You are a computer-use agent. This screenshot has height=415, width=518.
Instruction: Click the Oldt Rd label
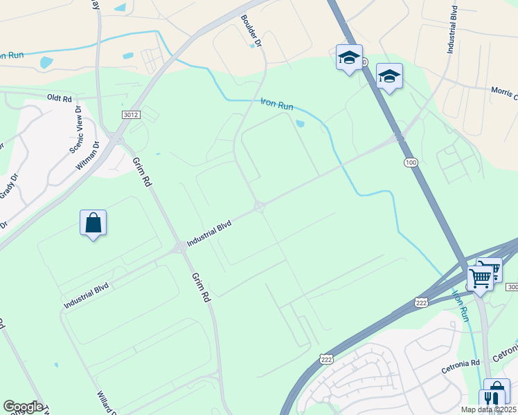pos(60,98)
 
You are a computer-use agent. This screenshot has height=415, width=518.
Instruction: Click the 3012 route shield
pos(129,114)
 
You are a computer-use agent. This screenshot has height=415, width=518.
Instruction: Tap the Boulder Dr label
pos(251,30)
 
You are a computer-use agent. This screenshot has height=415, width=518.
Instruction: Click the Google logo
pos(23,407)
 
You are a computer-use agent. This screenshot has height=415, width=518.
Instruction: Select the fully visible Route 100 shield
pos(411,162)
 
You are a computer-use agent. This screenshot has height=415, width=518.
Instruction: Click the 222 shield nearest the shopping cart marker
pos(422,302)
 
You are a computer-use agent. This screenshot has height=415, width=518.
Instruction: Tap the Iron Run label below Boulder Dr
pos(277,104)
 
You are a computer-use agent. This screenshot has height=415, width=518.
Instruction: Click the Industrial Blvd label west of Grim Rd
pos(87,293)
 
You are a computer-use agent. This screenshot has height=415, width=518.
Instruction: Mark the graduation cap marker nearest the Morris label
pos(389,76)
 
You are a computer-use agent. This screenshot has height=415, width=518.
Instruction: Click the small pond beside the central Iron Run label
pos(299,124)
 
